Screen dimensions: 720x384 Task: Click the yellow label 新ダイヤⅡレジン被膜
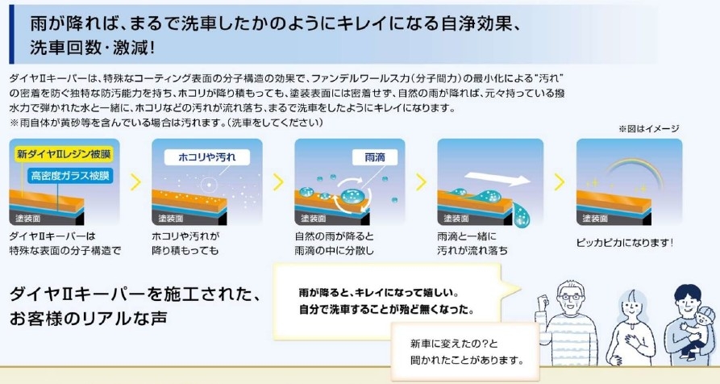[64, 154]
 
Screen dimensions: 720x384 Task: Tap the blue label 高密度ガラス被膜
[70, 176]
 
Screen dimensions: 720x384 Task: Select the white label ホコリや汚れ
[207, 157]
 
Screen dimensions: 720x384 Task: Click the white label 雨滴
[375, 157]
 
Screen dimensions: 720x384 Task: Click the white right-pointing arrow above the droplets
[497, 179]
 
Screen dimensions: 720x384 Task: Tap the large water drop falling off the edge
[521, 215]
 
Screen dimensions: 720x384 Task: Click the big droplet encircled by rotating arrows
[352, 196]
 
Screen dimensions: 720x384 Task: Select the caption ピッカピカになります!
[625, 243]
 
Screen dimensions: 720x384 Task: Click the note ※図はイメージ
[648, 129]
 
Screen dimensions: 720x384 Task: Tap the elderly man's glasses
[570, 297]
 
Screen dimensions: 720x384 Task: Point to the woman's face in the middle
[633, 306]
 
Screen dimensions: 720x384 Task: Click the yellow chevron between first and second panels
[135, 182]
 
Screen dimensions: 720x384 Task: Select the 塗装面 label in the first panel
[27, 218]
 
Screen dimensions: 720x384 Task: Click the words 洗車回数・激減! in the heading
[92, 48]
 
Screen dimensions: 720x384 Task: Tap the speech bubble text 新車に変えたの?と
[454, 344]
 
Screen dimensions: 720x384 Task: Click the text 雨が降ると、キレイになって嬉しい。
[379, 293]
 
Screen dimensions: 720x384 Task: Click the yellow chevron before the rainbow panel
[560, 182]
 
